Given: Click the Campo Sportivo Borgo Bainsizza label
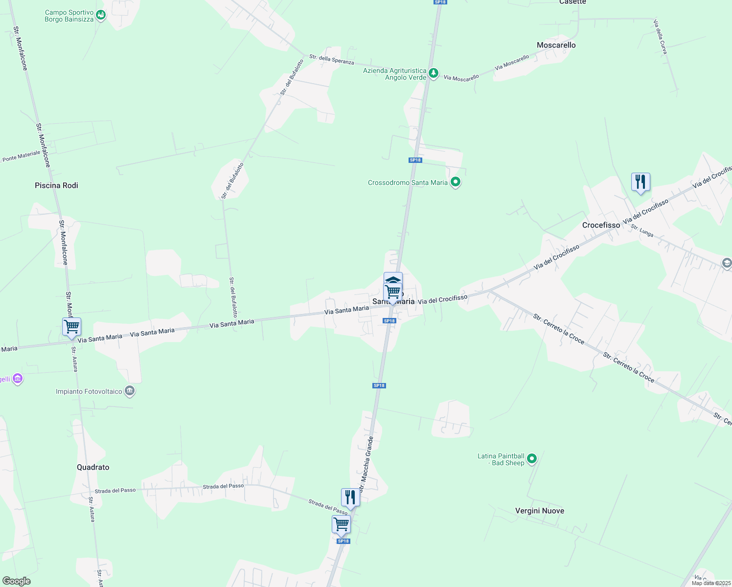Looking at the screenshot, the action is tap(69, 16).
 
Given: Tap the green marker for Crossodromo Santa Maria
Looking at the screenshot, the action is tap(456, 182).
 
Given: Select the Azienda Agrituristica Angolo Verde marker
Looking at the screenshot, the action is tap(433, 73).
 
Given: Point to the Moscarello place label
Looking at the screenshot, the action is tap(556, 45).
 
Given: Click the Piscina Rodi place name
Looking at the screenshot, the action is tap(56, 185).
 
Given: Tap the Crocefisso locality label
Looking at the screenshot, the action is tap(601, 225).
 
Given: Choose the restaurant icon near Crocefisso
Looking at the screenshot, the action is tap(640, 182).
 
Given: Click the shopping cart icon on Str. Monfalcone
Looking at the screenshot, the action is tap(71, 326).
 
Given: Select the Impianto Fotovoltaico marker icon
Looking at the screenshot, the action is tap(130, 391).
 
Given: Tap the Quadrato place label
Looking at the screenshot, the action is tap(93, 467).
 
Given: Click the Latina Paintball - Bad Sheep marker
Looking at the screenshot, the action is tap(532, 459).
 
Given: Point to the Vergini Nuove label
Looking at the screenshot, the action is tap(539, 511).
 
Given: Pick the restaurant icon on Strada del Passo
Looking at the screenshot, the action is tap(350, 497).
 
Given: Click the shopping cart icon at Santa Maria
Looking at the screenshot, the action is tap(393, 292).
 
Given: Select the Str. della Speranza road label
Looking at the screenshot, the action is tap(331, 59).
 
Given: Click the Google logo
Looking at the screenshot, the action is tap(16, 581).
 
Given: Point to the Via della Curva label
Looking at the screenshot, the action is tap(660, 37).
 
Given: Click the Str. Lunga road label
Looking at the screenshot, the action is tap(642, 231).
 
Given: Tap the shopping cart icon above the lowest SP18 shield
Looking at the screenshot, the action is tap(341, 524).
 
